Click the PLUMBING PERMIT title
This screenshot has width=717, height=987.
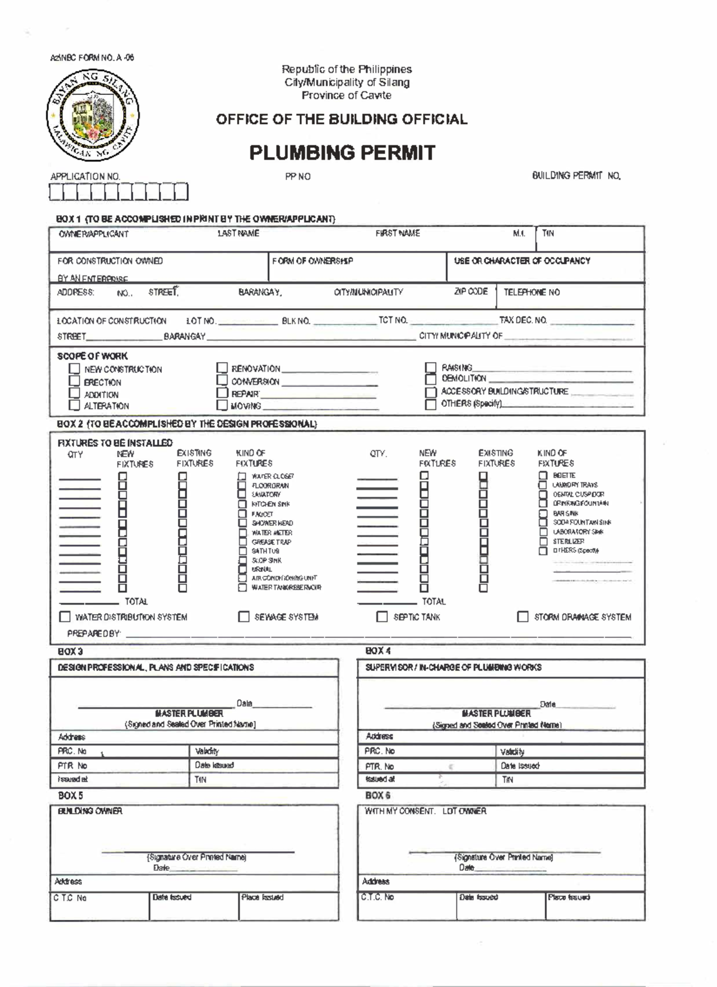[x=342, y=153]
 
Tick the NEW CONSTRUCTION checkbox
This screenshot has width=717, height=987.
[x=74, y=369]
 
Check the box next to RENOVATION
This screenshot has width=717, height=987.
[x=222, y=368]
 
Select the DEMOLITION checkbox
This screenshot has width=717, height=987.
[x=430, y=379]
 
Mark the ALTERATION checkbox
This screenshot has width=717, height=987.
[x=74, y=405]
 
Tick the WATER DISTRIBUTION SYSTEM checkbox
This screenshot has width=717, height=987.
[x=65, y=617]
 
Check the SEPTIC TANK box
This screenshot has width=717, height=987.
[x=382, y=617]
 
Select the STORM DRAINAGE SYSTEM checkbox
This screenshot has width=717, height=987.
[x=523, y=617]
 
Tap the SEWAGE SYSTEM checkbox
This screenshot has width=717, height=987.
[x=244, y=617]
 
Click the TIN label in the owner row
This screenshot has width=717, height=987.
[x=548, y=234]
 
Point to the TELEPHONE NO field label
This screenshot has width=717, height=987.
[x=531, y=292]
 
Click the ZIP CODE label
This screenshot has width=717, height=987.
[x=471, y=292]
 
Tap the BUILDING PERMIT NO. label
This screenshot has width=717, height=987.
[x=576, y=176]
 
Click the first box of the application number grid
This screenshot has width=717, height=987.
[x=56, y=192]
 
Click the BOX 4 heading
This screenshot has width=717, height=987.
[x=378, y=651]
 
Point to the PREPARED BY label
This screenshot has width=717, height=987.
[x=93, y=633]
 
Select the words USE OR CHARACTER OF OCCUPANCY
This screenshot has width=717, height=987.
[x=522, y=261]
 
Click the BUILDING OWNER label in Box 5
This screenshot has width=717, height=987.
[x=90, y=811]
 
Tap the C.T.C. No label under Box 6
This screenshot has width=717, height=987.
[x=377, y=897]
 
